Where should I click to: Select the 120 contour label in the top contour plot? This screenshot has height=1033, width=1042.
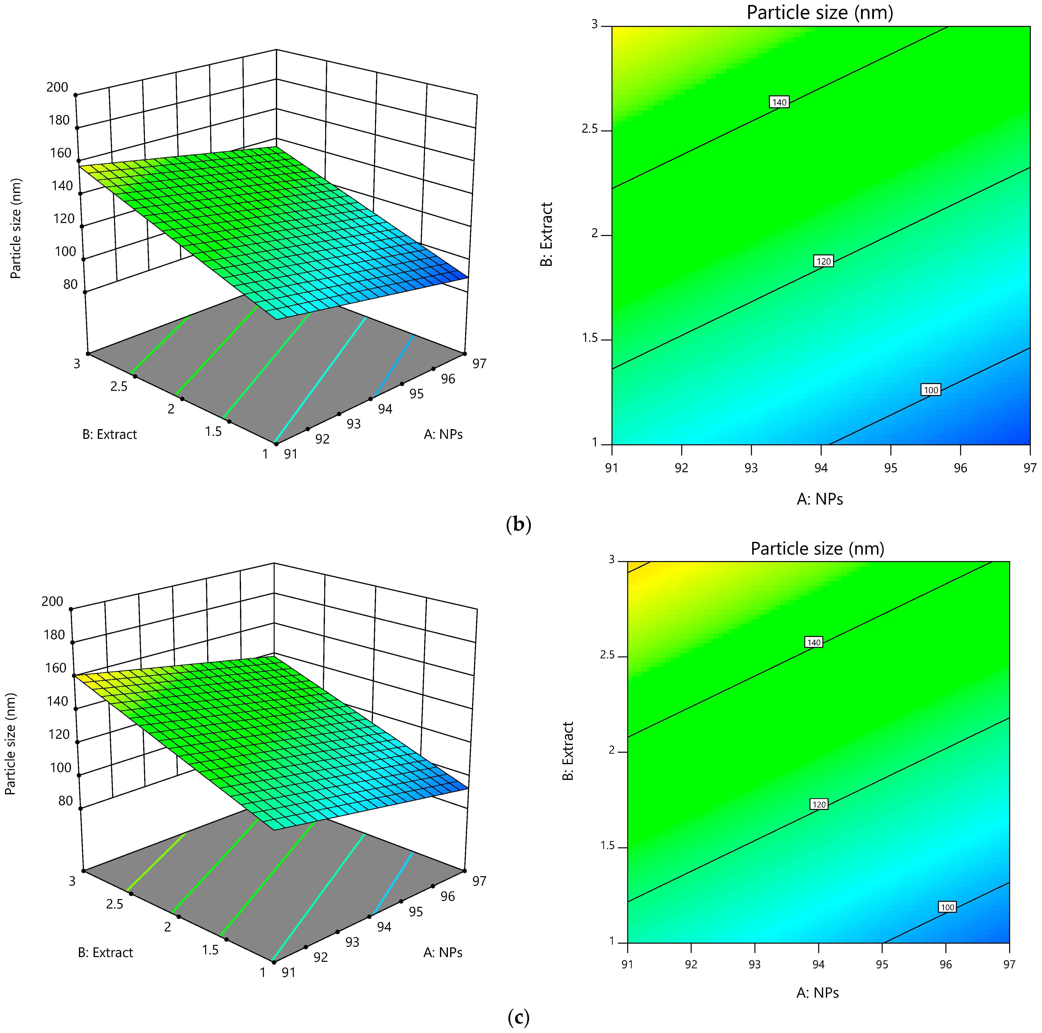point(824,261)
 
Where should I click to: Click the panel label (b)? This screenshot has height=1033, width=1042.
point(519,524)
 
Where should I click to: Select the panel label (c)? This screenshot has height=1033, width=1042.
point(519,1017)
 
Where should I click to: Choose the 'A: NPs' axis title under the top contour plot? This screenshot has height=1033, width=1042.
point(820,499)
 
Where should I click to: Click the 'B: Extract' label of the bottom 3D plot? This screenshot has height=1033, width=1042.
point(106,953)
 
